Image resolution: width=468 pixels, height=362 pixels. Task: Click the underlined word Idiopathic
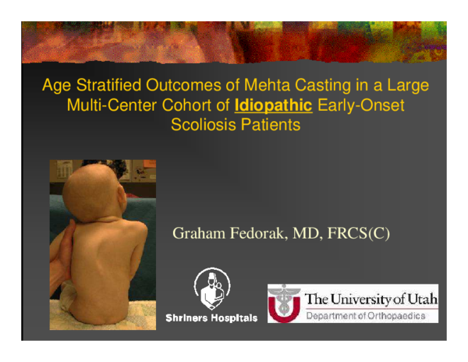tap(280, 104)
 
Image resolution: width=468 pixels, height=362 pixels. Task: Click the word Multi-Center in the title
tap(104, 104)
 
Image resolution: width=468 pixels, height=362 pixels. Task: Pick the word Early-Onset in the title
tap(365, 104)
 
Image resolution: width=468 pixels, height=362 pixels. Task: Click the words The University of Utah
tap(370, 299)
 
